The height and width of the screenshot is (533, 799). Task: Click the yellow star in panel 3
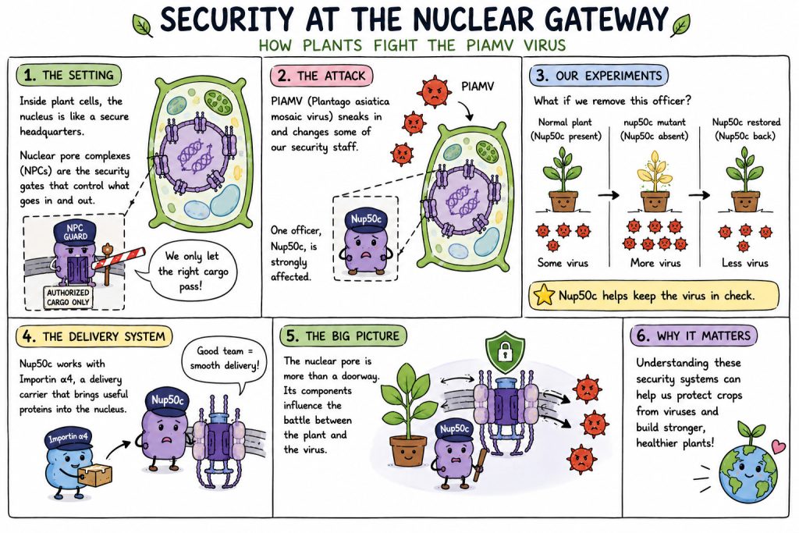543,295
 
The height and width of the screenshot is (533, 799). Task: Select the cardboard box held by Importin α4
95,474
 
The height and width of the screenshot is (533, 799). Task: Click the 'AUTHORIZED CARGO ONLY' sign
68,297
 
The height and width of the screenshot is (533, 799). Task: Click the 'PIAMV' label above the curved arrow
478,86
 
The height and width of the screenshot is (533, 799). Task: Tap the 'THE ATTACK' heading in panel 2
331,76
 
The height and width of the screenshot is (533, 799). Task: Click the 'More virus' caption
655,263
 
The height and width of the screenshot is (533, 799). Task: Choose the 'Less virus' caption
745,263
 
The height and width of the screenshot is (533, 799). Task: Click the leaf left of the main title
143,25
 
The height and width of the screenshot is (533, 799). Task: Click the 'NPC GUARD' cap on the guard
74,233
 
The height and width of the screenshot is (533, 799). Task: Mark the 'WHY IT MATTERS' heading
703,336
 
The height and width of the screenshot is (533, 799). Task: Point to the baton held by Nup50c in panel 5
479,466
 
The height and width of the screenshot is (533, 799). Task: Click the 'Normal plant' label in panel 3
565,123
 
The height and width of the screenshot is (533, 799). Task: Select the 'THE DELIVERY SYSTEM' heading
104,336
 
